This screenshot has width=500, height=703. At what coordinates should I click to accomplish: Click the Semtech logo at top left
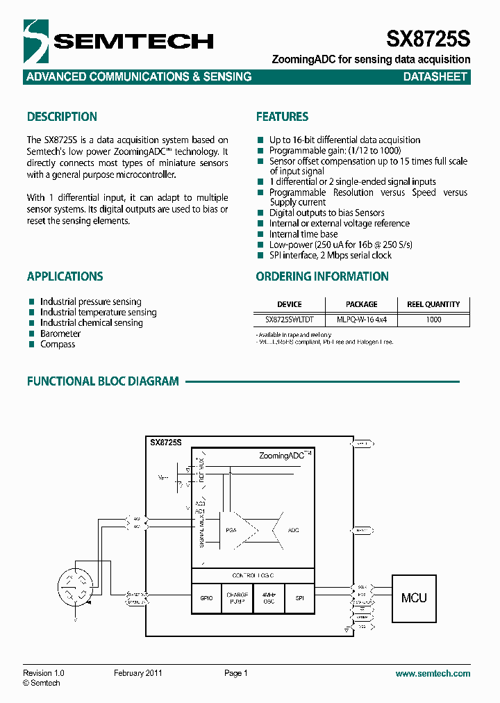coord(118,41)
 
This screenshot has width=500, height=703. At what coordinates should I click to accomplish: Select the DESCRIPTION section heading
coord(62,117)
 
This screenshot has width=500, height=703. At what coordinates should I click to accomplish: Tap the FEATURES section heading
coord(282,117)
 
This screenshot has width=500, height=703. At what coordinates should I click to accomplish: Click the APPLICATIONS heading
coord(65,276)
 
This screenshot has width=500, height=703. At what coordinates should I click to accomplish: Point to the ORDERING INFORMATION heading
coord(322,276)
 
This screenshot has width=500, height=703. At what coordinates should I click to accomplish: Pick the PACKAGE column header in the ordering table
coord(361,304)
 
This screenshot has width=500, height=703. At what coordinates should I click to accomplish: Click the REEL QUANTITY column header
coord(433,304)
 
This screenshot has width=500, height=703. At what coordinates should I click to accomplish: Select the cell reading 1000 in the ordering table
coord(433,320)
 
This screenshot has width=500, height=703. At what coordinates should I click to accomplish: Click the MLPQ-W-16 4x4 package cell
coord(361,320)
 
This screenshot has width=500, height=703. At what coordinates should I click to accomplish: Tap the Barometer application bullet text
coord(60,333)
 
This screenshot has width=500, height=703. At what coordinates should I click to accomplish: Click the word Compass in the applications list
coord(58,344)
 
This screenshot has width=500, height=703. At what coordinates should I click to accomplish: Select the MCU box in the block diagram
coord(414,597)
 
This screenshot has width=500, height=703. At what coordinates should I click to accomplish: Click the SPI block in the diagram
coord(299,598)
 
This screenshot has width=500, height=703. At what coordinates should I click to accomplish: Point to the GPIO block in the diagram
coord(206,598)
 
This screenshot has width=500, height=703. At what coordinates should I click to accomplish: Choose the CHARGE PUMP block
coord(237,598)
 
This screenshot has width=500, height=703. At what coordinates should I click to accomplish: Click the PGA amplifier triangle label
coord(231,530)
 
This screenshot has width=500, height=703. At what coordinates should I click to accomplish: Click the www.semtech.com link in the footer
coord(433,673)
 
